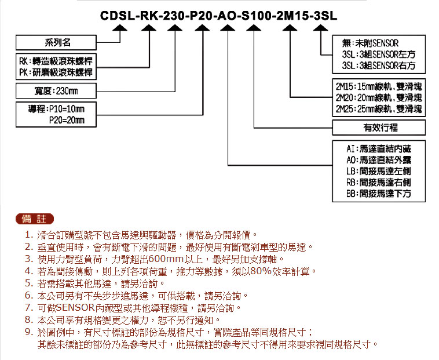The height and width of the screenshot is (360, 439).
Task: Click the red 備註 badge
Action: (x=34, y=219)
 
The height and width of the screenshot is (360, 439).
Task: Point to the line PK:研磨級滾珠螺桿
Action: (x=56, y=72)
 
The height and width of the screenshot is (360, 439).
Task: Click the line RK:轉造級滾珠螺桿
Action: (x=56, y=61)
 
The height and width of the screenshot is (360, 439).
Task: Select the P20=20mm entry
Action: (x=67, y=120)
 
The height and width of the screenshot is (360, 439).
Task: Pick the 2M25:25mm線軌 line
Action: (x=379, y=109)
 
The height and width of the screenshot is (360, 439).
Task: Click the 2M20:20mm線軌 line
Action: (x=379, y=98)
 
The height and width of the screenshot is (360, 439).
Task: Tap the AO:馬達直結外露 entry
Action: (x=379, y=160)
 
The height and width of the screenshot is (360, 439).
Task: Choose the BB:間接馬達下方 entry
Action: (x=379, y=194)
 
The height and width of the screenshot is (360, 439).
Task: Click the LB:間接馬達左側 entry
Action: (x=379, y=171)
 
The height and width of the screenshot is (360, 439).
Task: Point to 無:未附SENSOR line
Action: (x=370, y=43)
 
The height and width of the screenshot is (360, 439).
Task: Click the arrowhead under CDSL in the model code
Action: (x=120, y=27)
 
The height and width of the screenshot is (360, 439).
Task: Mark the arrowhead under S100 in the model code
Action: (x=254, y=27)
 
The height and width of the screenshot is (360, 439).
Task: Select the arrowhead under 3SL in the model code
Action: (x=321, y=27)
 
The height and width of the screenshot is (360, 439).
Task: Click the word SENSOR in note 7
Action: (x=75, y=308)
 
